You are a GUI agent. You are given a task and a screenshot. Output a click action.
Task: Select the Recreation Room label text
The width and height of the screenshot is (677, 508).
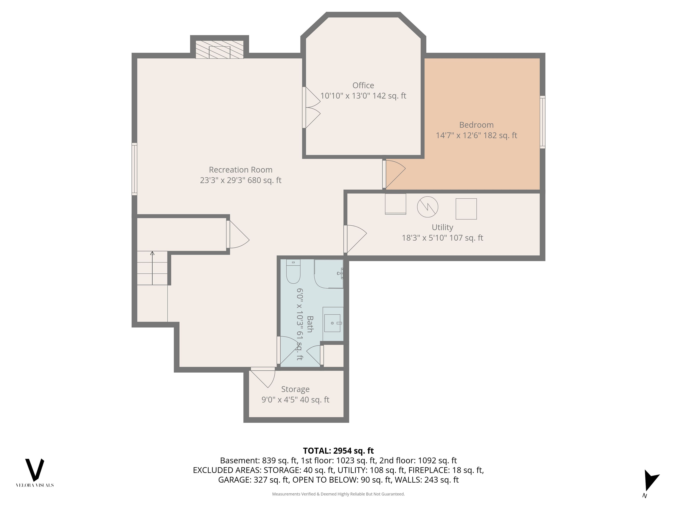(240, 170)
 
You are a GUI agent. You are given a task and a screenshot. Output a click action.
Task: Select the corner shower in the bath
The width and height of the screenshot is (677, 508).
(329, 274)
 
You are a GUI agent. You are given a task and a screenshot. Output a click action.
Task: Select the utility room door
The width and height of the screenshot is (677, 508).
(355, 239)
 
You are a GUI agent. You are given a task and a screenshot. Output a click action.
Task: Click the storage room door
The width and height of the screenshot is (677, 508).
(263, 377)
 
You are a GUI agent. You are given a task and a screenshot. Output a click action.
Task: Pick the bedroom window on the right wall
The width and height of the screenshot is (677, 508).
(542, 122)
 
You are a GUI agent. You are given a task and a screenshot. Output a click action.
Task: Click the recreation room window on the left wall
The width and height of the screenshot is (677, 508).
(134, 169)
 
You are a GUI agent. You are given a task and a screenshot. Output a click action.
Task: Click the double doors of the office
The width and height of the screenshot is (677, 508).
(311, 107)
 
